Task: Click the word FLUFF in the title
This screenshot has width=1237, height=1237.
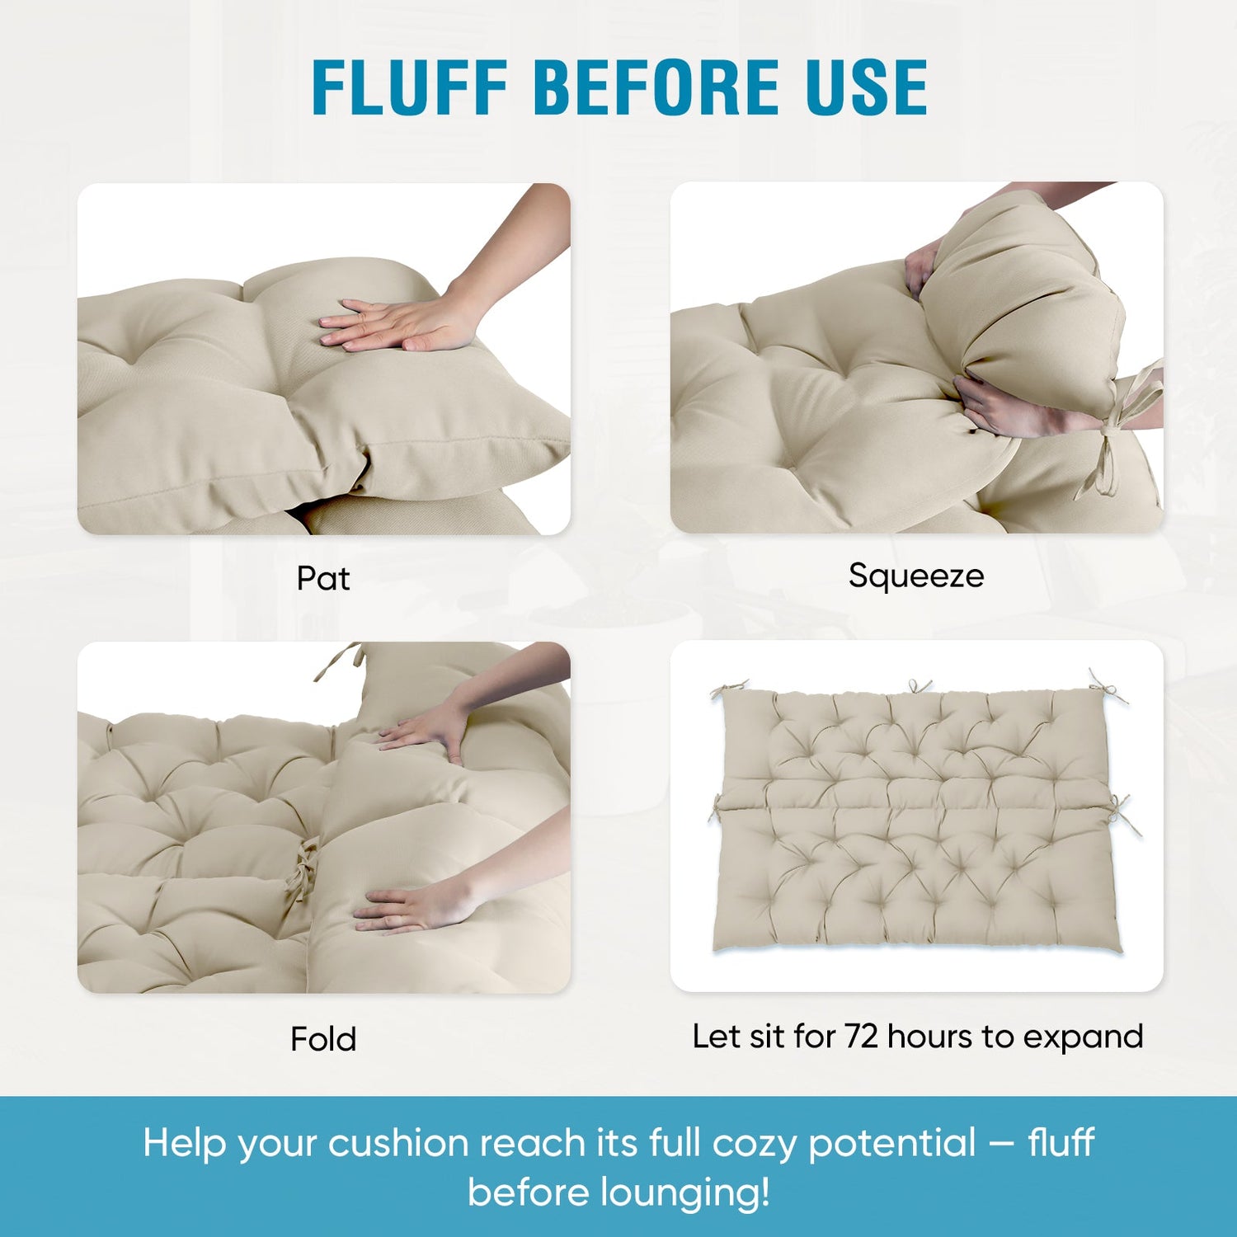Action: click(409, 87)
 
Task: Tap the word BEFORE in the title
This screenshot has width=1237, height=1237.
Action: click(656, 87)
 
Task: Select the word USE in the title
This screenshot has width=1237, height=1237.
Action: click(867, 87)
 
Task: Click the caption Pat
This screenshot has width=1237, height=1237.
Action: click(323, 578)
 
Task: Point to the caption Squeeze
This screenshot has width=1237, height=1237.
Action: click(916, 576)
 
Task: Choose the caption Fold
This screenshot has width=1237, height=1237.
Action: click(323, 1038)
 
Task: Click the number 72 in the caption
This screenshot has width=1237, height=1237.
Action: click(862, 1037)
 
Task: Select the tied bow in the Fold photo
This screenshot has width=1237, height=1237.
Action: click(302, 870)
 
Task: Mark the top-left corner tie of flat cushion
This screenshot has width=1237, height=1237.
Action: click(729, 689)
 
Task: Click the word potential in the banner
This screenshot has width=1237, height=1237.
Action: click(892, 1145)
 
